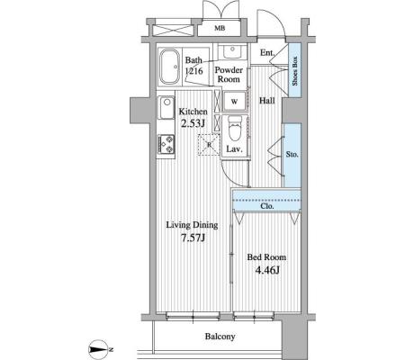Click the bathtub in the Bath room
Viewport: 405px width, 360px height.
click(169, 67)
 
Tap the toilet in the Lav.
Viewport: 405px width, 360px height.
click(235, 128)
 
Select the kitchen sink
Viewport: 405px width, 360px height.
click(166, 108)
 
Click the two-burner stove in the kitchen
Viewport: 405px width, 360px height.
click(166, 144)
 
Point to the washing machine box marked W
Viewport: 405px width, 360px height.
click(234, 102)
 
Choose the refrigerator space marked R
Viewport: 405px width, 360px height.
click(209, 145)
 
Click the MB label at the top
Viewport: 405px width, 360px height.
click(220, 29)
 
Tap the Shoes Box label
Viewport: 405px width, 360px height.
click(295, 71)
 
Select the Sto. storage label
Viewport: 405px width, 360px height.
click(292, 155)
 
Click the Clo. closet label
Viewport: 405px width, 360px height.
click(267, 206)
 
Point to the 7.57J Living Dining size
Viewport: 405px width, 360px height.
click(193, 238)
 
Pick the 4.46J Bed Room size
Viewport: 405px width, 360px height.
click(267, 270)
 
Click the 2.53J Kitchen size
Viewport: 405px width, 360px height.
click(193, 123)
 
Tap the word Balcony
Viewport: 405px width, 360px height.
click(220, 337)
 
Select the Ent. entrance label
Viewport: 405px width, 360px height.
click(267, 53)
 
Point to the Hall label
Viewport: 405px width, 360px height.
click(267, 101)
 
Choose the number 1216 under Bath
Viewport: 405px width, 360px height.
click(193, 71)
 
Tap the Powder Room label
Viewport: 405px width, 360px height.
click(229, 75)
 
